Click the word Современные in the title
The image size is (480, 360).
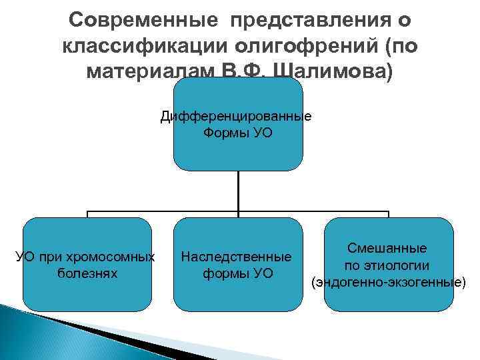(x=145, y=21)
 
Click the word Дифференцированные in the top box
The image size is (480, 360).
(x=236, y=117)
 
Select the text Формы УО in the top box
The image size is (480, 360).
(x=237, y=133)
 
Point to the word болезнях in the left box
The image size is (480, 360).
(x=87, y=273)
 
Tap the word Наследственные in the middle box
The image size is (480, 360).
(x=237, y=257)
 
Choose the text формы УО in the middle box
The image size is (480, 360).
(x=237, y=273)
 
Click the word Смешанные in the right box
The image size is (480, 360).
(x=387, y=248)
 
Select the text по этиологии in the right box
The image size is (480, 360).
(x=387, y=265)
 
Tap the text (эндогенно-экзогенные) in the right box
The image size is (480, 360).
(x=388, y=282)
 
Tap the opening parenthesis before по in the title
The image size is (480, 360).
(x=394, y=45)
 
